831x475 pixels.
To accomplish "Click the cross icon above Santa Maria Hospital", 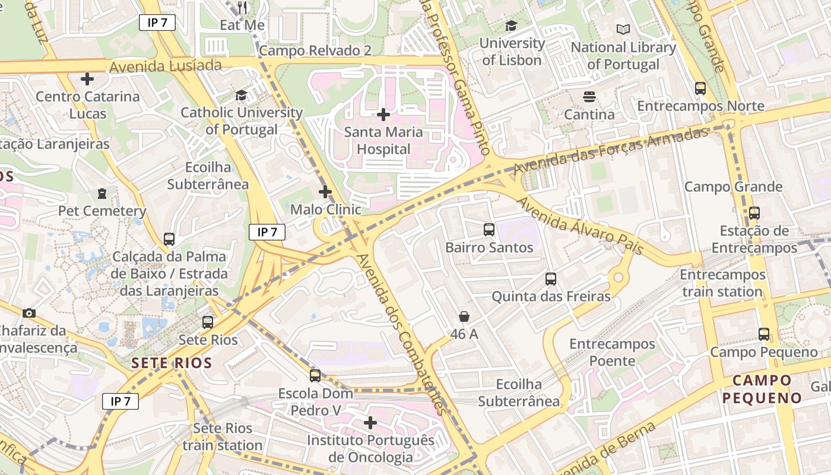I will (x=383, y=114).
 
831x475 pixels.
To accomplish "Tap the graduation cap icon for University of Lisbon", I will (x=511, y=26).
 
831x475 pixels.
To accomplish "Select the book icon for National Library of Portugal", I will (x=623, y=29).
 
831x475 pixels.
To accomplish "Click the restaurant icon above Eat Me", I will (x=242, y=8).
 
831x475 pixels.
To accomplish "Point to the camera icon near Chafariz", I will (x=28, y=313).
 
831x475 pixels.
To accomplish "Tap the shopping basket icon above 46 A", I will (x=464, y=316).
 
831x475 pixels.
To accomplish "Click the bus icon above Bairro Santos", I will (x=489, y=229).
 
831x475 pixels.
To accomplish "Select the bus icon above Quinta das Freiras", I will (x=551, y=278).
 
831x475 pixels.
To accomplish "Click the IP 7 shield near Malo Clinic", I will (x=267, y=232).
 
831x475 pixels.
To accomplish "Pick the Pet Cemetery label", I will (x=102, y=211).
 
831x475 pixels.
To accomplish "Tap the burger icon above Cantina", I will (x=589, y=96).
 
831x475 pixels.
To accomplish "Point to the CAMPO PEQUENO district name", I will (x=762, y=389).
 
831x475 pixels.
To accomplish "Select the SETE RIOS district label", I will (x=172, y=363).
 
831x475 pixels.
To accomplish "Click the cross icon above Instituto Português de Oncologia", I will (x=370, y=423).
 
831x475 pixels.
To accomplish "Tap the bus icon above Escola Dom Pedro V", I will (x=315, y=375).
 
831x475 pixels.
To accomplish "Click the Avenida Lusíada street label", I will (x=166, y=66).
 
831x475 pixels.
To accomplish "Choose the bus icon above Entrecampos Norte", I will (x=700, y=88).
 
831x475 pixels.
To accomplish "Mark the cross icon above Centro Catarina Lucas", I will (x=87, y=78).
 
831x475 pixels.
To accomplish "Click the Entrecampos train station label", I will (x=722, y=283).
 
